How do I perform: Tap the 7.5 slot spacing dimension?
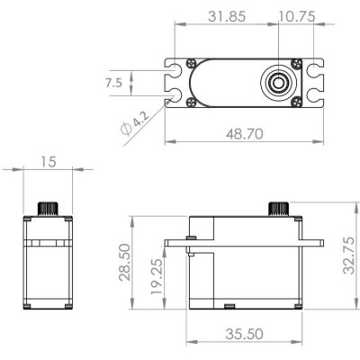click(114, 82)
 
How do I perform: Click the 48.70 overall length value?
click(246, 132)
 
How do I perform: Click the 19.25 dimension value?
click(157, 276)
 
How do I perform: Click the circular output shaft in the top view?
click(279, 82)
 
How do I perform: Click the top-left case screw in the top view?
click(193, 63)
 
